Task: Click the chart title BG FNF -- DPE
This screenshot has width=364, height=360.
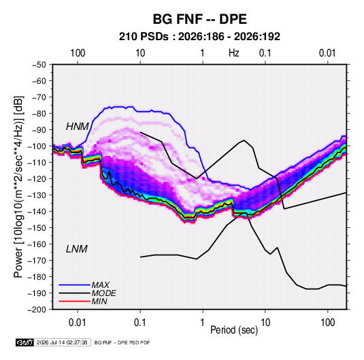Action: [x=199, y=19]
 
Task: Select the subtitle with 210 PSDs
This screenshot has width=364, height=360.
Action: [x=199, y=37]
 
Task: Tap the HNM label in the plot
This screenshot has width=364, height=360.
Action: [x=78, y=127]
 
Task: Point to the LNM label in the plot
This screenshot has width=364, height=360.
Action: [x=77, y=249]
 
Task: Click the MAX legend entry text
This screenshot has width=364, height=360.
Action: [x=100, y=284]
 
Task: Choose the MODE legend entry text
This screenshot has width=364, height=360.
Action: [x=104, y=293]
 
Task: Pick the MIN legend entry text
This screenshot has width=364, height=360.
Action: [x=99, y=301]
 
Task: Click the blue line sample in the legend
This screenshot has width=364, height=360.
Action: [x=74, y=284]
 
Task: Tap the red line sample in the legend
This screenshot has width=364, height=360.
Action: [x=74, y=301]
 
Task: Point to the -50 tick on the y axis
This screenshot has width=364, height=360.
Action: [x=39, y=65]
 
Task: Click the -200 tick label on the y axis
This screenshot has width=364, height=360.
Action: [x=37, y=310]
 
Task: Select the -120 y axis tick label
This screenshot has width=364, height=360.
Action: [x=37, y=178]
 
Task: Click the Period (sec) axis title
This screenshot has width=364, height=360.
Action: [x=234, y=330]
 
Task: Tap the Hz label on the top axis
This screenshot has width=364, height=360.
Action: [x=234, y=53]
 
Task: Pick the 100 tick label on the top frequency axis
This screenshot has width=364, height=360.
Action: [x=78, y=53]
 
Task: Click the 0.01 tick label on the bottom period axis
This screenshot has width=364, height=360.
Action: [x=78, y=323]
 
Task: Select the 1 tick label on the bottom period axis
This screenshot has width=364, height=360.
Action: [x=203, y=323]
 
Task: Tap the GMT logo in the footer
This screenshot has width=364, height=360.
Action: [x=24, y=342]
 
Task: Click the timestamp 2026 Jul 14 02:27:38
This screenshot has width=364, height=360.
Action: [x=62, y=342]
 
